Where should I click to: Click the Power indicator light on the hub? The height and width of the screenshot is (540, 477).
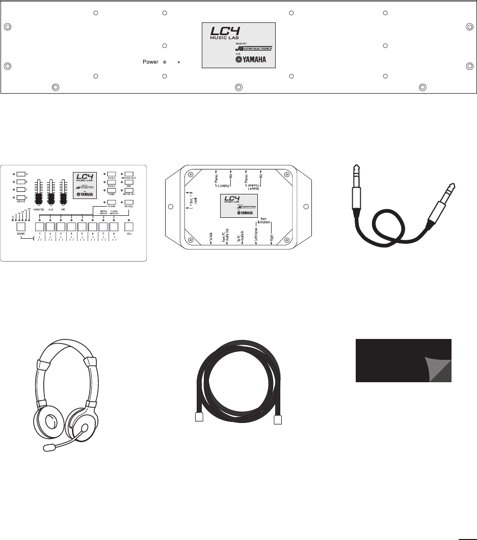point(164,63)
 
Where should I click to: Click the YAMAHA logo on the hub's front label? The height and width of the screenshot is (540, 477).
point(253,60)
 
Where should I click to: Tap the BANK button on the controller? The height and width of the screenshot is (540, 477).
point(21,227)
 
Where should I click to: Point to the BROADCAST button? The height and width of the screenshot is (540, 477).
point(129,174)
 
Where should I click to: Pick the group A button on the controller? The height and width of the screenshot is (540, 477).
point(20,174)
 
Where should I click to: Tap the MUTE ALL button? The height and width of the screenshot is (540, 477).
point(129,191)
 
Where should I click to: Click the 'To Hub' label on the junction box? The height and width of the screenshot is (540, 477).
point(211,237)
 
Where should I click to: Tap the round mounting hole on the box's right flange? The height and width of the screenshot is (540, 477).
point(306,206)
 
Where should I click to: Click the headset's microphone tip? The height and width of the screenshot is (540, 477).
point(49,447)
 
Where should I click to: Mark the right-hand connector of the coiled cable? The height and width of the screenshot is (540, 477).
point(278,419)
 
